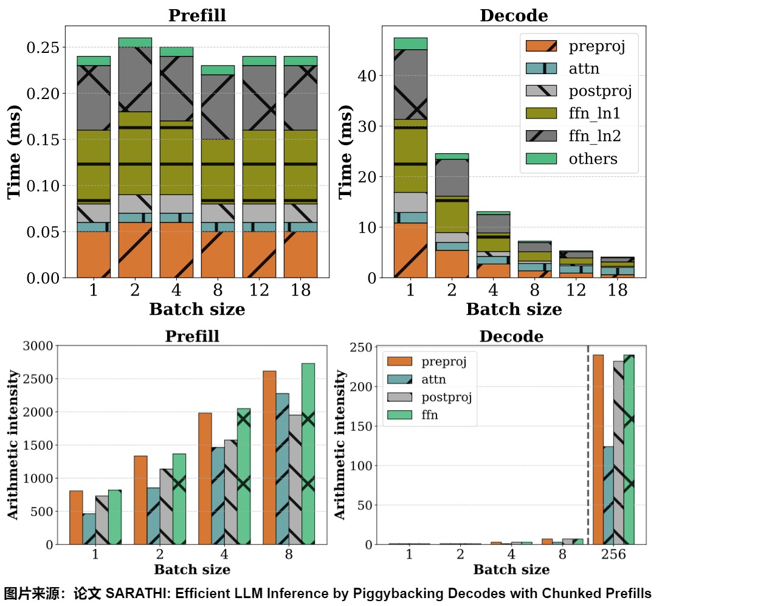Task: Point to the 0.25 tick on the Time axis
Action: tap(43, 47)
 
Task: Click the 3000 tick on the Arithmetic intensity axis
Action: tap(38, 346)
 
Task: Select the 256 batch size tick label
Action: tap(613, 554)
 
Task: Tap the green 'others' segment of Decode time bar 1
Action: tap(410, 44)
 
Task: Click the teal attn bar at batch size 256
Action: tap(609, 495)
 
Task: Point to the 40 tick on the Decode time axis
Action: tap(367, 76)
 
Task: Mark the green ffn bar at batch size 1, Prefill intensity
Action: tap(114, 517)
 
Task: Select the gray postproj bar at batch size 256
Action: tap(619, 452)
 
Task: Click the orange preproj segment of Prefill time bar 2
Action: tap(135, 250)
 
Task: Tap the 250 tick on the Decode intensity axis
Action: tap(361, 348)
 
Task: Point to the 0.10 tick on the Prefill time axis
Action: tap(43, 185)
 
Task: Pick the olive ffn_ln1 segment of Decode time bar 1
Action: tap(410, 156)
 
